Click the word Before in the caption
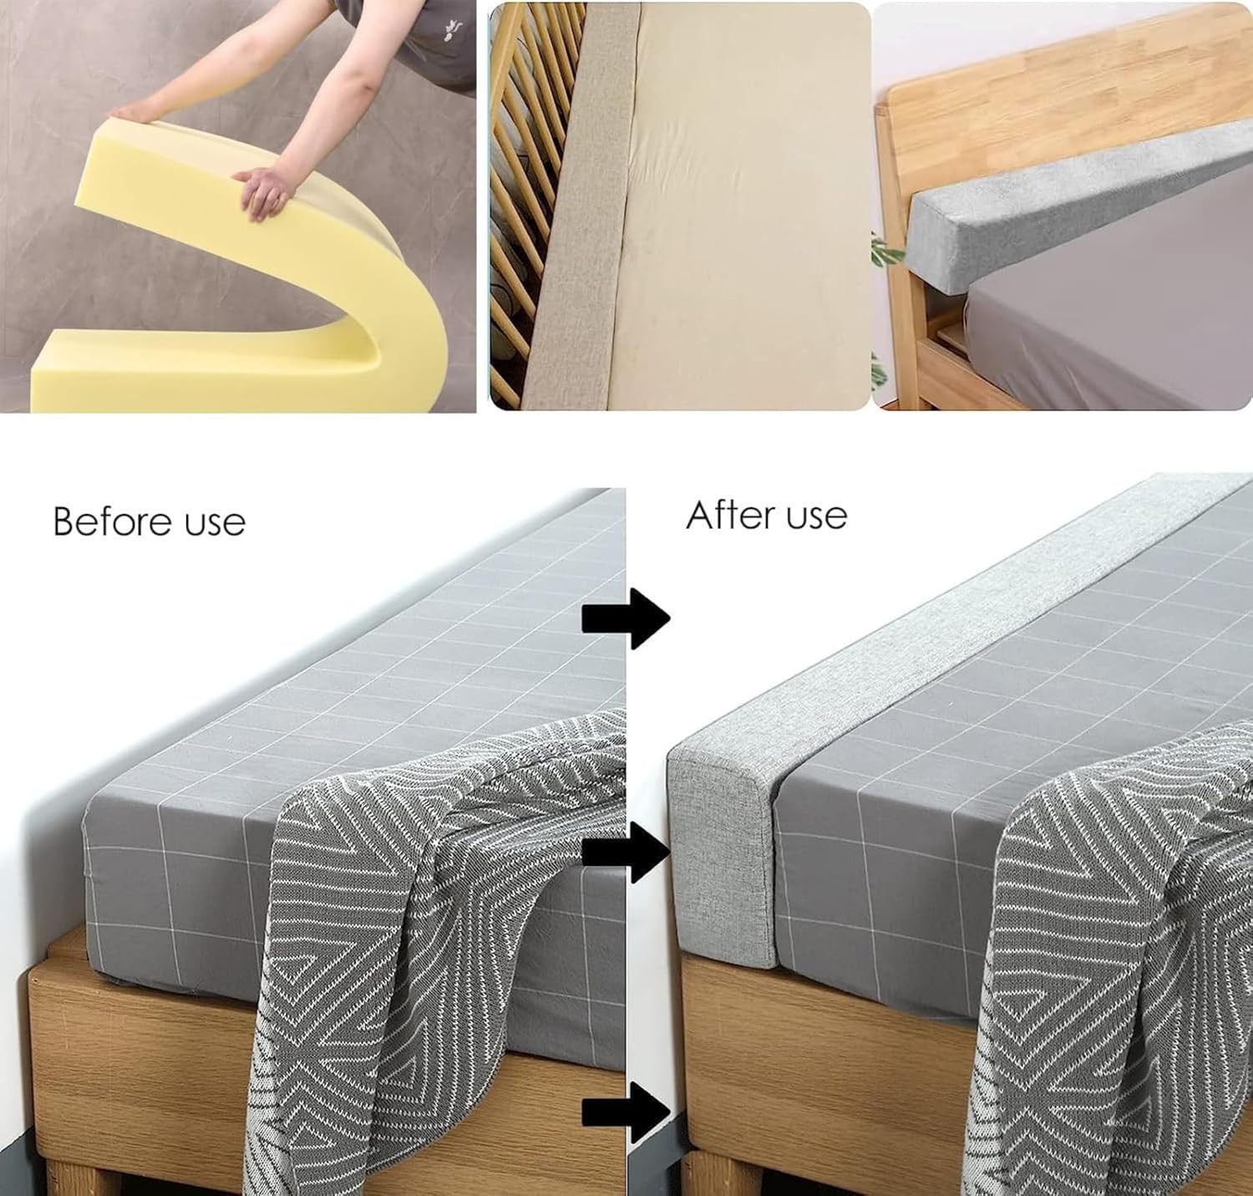point(112,522)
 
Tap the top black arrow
point(626,618)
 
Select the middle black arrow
point(626,852)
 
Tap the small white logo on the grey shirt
point(454,28)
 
